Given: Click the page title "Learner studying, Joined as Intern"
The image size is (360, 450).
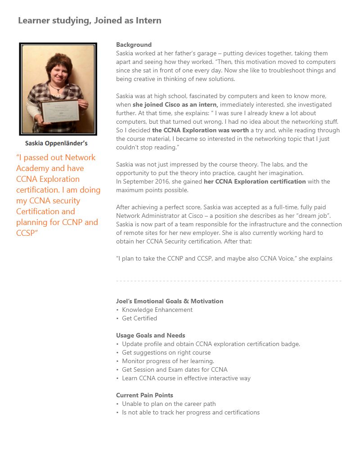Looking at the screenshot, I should (90, 21).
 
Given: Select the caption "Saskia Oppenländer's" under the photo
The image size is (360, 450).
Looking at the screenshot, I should (56, 144).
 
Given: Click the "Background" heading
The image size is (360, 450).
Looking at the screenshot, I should (134, 45).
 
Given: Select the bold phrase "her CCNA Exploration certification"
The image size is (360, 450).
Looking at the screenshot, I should (255, 181).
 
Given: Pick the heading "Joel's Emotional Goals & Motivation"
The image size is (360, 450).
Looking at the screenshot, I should (170, 301).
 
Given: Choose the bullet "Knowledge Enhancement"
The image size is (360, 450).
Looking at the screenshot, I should (157, 310).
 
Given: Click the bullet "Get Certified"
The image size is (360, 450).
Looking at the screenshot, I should (139, 318).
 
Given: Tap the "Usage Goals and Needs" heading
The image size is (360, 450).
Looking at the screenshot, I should (151, 335).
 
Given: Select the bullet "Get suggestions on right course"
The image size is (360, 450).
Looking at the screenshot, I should (166, 352).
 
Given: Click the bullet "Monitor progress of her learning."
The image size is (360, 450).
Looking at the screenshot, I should (168, 361).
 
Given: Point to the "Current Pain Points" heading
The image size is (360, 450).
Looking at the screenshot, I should (144, 395).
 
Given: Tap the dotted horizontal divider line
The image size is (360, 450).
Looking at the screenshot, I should (229, 281).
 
